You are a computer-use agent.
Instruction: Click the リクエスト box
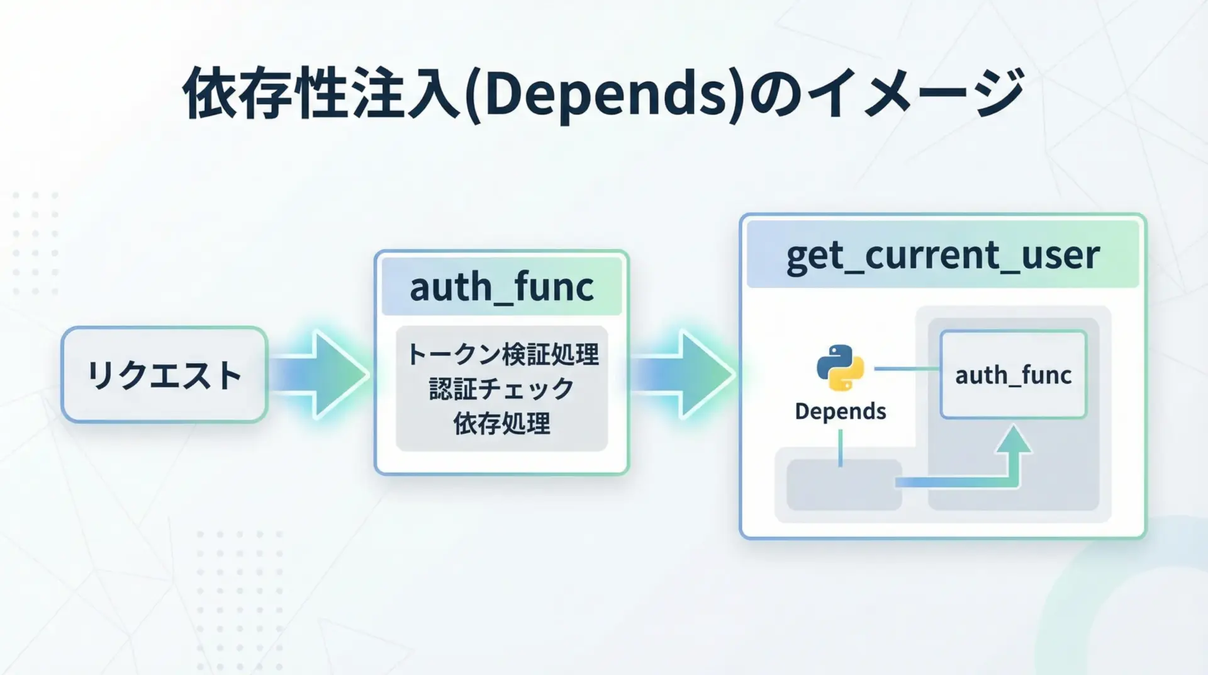click(164, 375)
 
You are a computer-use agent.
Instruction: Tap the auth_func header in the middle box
click(501, 287)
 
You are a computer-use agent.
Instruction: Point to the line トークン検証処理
click(502, 355)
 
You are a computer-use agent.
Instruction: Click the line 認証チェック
click(501, 389)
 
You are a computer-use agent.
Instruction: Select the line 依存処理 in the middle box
click(501, 423)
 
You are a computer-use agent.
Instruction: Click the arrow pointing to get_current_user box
click(683, 375)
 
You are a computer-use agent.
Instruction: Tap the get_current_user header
click(942, 254)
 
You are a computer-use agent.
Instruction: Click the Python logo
click(840, 368)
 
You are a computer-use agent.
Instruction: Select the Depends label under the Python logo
click(840, 411)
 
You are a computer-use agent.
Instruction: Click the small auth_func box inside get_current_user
click(1013, 375)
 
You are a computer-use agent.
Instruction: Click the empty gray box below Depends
click(844, 485)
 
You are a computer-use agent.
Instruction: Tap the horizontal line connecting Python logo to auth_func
click(907, 369)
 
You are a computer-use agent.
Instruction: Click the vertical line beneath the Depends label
click(840, 448)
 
